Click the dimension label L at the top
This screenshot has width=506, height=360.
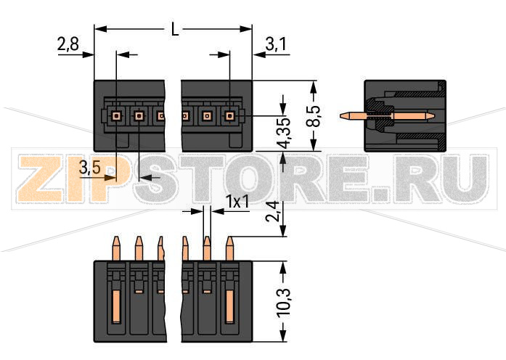tap(174, 30)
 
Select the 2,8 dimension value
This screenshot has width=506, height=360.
tap(68, 45)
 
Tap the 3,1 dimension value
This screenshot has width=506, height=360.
tap(276, 45)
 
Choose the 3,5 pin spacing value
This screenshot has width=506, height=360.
tap(90, 168)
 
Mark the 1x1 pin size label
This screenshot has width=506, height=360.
tap(237, 202)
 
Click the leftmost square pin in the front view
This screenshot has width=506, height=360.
tap(116, 115)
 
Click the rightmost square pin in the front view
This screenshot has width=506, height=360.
tap(230, 115)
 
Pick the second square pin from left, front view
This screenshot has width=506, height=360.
tap(139, 115)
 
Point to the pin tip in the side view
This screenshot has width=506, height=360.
tap(345, 115)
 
